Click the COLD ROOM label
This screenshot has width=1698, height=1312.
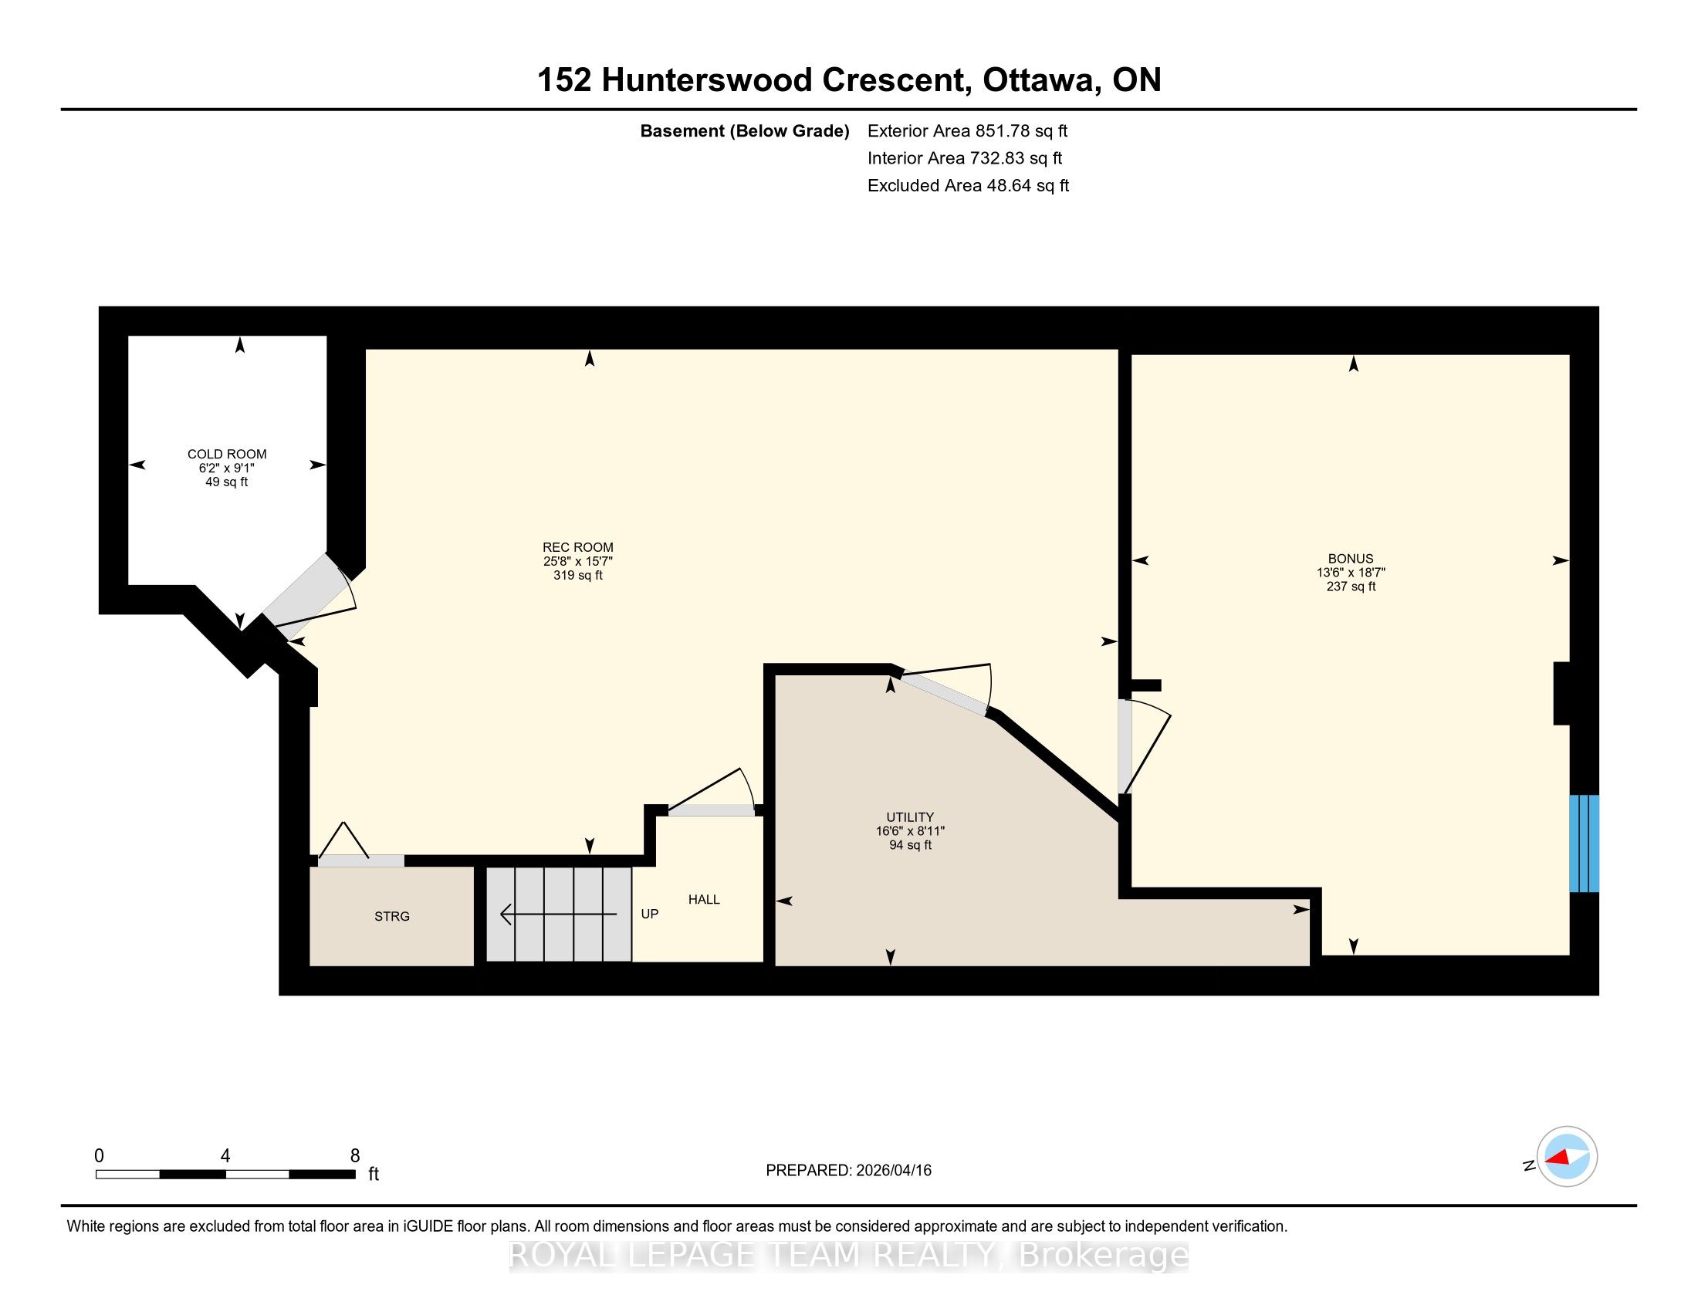(x=227, y=454)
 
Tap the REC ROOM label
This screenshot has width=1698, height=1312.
(x=577, y=547)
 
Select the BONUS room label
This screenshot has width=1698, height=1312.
(x=1351, y=559)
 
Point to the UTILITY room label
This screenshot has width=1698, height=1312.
(x=910, y=817)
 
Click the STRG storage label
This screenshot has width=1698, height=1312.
(x=392, y=916)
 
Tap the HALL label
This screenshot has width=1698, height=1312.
(x=704, y=899)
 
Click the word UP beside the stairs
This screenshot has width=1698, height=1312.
(x=649, y=914)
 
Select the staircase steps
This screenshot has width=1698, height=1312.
(x=559, y=914)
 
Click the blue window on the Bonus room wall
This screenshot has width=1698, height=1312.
(x=1584, y=844)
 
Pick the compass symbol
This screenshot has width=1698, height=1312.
(x=1567, y=1157)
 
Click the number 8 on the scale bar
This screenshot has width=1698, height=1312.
(x=355, y=1156)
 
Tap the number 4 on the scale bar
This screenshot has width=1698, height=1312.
(x=225, y=1156)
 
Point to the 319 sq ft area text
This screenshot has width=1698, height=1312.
(x=577, y=575)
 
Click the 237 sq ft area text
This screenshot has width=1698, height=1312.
(x=1351, y=587)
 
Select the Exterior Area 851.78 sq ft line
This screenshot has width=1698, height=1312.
(x=967, y=130)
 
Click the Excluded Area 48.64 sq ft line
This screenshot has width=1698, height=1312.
(x=968, y=185)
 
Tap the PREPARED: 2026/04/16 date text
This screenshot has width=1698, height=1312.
(x=848, y=1170)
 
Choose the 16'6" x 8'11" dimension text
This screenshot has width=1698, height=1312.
(x=910, y=831)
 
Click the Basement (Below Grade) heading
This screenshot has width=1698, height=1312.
(x=744, y=130)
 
